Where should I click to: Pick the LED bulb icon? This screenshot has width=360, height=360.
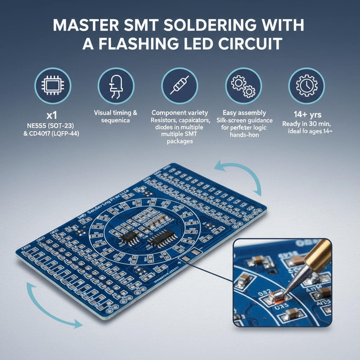tap(116, 85)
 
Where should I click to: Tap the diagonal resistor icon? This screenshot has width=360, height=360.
tap(180, 85)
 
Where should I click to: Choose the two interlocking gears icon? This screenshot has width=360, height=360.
tap(243, 85)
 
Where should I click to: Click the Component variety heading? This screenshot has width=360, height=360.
tap(180, 113)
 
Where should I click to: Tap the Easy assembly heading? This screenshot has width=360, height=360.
tap(244, 113)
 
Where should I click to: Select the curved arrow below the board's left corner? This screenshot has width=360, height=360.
tap(49, 309)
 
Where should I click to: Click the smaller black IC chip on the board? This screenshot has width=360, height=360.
tap(130, 238)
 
